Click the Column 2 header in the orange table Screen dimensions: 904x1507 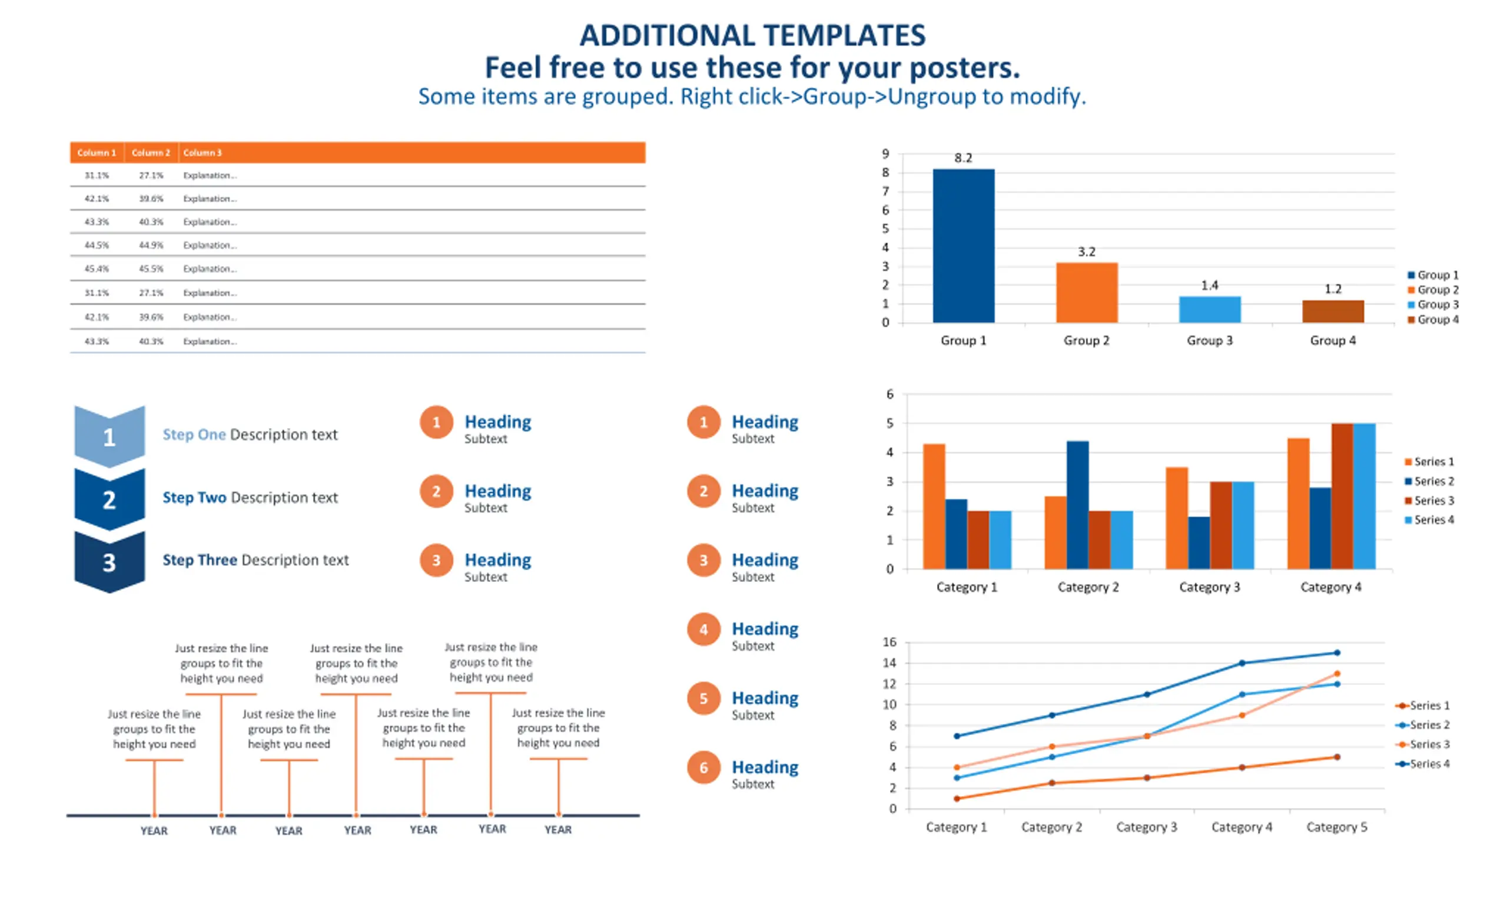tap(150, 153)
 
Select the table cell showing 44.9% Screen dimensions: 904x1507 tap(151, 246)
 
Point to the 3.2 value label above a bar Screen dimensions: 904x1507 tap(1086, 251)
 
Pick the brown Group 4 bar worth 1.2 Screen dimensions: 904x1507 tap(1332, 312)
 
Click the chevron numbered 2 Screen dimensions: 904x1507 tap(109, 499)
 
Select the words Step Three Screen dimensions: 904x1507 tap(200, 560)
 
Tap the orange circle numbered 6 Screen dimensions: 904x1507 tap(703, 767)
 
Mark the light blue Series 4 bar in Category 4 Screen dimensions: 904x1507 tap(1364, 496)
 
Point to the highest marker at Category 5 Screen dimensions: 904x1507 tap(1336, 653)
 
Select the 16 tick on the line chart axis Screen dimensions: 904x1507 tap(889, 642)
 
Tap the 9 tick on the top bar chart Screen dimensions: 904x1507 tap(885, 154)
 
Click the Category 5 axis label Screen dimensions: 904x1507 tap(1336, 827)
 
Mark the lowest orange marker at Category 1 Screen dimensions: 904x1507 tap(957, 798)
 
